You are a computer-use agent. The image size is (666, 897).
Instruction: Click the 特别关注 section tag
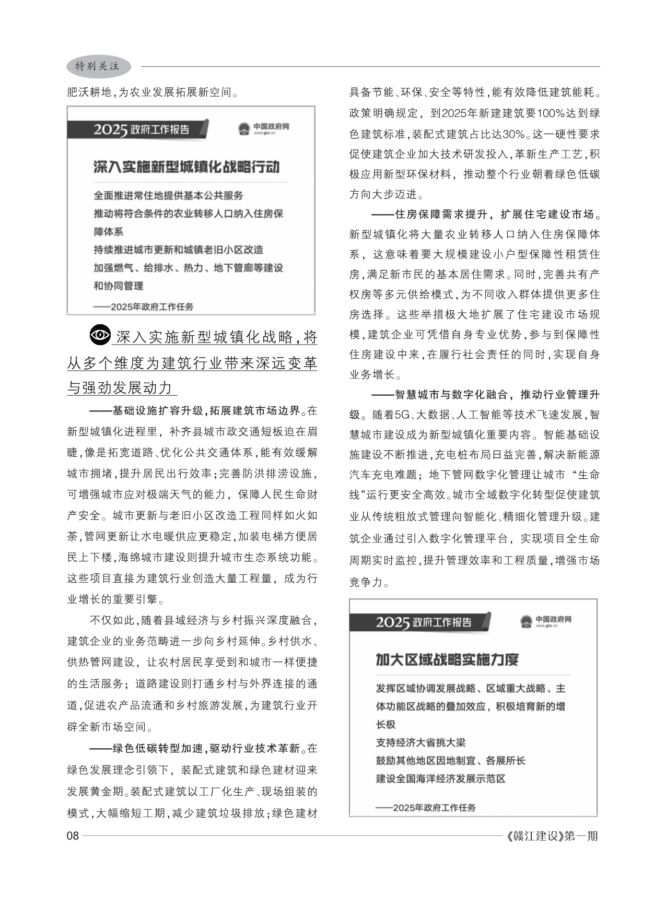coord(98,66)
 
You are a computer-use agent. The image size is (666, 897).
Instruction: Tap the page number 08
coord(73,836)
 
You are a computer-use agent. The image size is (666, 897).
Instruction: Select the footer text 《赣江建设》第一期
coord(553,836)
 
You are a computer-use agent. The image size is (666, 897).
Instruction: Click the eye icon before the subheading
coord(100,335)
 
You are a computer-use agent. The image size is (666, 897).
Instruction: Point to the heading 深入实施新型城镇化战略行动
coord(186,167)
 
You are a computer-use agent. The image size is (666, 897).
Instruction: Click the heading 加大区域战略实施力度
coord(447,660)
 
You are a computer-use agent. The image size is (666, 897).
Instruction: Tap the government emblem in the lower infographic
coord(526,621)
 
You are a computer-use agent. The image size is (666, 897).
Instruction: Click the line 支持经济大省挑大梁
coord(420,742)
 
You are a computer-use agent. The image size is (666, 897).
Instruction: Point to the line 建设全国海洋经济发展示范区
coord(441,778)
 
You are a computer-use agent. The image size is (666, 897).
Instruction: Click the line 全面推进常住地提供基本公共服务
coord(168,196)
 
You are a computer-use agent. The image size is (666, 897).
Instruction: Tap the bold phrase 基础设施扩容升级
coord(158,411)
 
